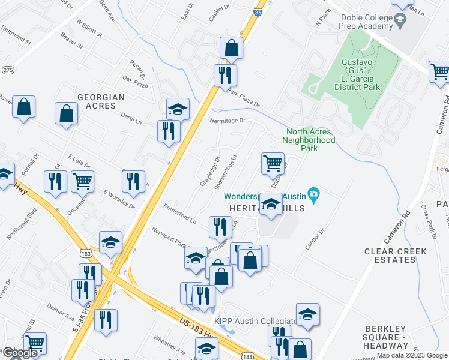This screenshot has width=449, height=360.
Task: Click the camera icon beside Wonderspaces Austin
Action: tap(313, 194)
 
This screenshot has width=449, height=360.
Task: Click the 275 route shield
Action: tap(7, 70)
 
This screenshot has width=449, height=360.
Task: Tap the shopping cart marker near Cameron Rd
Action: tap(440, 72)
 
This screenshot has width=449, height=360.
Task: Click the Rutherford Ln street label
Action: tap(179, 214)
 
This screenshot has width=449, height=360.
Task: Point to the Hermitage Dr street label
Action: tap(228, 121)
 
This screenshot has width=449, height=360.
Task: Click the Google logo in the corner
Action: tap(20, 353)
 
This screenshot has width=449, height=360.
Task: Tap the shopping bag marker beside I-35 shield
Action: tap(231, 49)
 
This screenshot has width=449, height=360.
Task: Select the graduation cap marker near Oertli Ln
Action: tap(178, 109)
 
